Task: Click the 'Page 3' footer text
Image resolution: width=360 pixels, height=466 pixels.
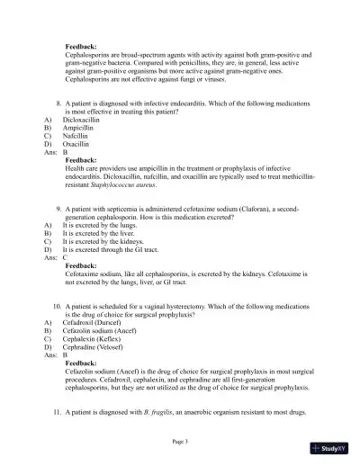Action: pyautogui.click(x=180, y=442)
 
